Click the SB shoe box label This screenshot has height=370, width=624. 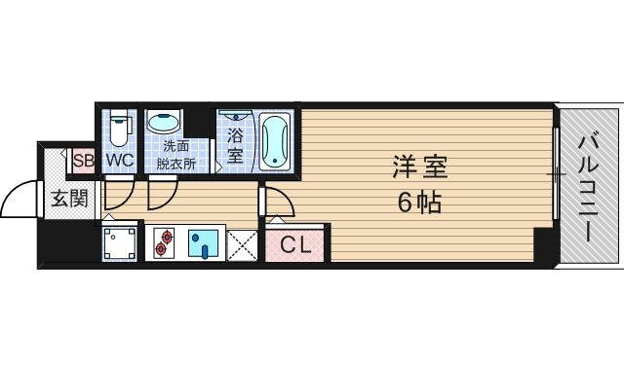pos(82,160)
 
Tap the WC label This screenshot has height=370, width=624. pos(119,160)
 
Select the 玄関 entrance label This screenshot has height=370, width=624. pos(69,200)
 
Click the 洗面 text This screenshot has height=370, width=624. pos(175,147)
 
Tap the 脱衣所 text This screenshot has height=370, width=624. pos(175,164)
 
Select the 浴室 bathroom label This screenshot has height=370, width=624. pos(235,145)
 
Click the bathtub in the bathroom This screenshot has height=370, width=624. pos(276,141)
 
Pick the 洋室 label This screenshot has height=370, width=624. pos(421,166)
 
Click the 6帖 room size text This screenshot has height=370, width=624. pos(419,203)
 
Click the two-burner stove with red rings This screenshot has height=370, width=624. pos(162,243)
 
